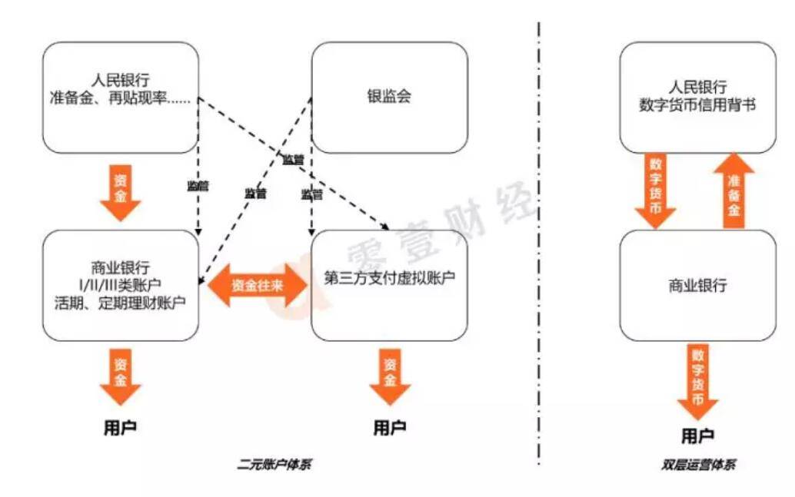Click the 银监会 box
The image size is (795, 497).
tap(389, 98)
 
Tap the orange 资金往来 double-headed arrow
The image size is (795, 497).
tap(256, 285)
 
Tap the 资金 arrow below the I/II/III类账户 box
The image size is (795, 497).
tap(121, 376)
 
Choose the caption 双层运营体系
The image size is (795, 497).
tap(697, 465)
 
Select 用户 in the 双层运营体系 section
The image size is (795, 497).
tap(697, 436)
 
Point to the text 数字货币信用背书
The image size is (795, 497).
tap(697, 105)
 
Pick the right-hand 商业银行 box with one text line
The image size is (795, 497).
tap(697, 285)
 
